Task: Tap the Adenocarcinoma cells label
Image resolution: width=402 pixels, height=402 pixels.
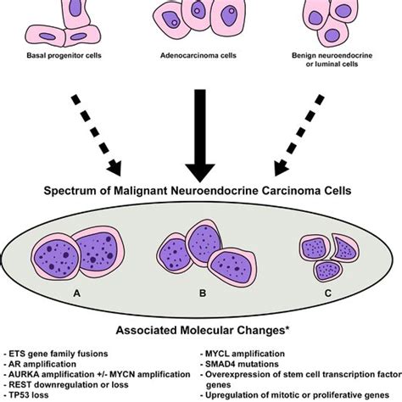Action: [201, 58]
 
